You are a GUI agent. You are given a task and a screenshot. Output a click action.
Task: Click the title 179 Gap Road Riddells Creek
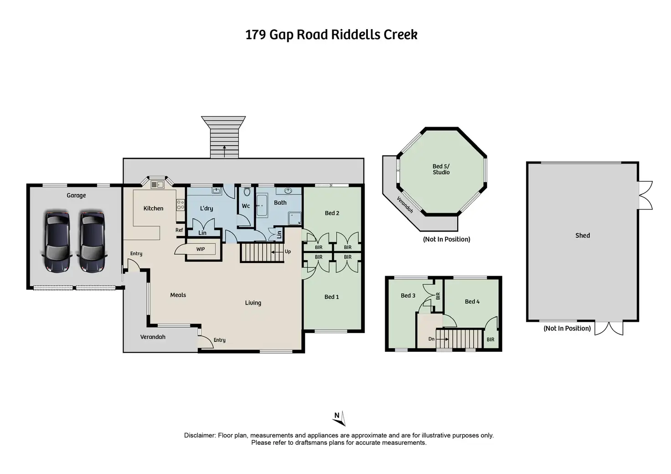[331, 35]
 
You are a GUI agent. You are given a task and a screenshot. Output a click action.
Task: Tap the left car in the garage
[57, 242]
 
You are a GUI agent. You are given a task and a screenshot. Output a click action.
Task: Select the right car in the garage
[93, 242]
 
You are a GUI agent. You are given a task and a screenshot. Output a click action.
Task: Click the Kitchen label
[153, 208]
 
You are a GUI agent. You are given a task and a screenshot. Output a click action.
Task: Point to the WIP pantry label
[201, 249]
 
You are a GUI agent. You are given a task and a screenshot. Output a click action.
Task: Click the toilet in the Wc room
[247, 192]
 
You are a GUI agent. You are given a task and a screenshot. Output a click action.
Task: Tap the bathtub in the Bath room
[262, 206]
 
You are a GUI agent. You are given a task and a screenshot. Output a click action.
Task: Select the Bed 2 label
[332, 213]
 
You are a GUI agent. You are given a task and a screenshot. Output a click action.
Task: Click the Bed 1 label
[331, 297]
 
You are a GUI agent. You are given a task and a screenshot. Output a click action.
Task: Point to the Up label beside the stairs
[288, 252]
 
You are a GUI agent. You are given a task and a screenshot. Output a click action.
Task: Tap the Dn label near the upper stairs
[431, 339]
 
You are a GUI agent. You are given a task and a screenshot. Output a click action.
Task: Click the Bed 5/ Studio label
[441, 169]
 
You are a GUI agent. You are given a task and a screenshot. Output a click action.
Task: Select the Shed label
[582, 235]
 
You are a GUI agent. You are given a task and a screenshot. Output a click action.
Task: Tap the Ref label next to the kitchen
[179, 230]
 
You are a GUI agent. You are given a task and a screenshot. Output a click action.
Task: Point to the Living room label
[253, 303]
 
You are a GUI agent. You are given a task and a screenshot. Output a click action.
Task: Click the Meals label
[178, 295]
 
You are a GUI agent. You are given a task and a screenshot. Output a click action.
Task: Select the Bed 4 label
[472, 301]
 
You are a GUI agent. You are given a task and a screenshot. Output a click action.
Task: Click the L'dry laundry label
[206, 208]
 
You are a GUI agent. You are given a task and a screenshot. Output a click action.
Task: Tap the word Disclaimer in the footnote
[200, 435]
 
